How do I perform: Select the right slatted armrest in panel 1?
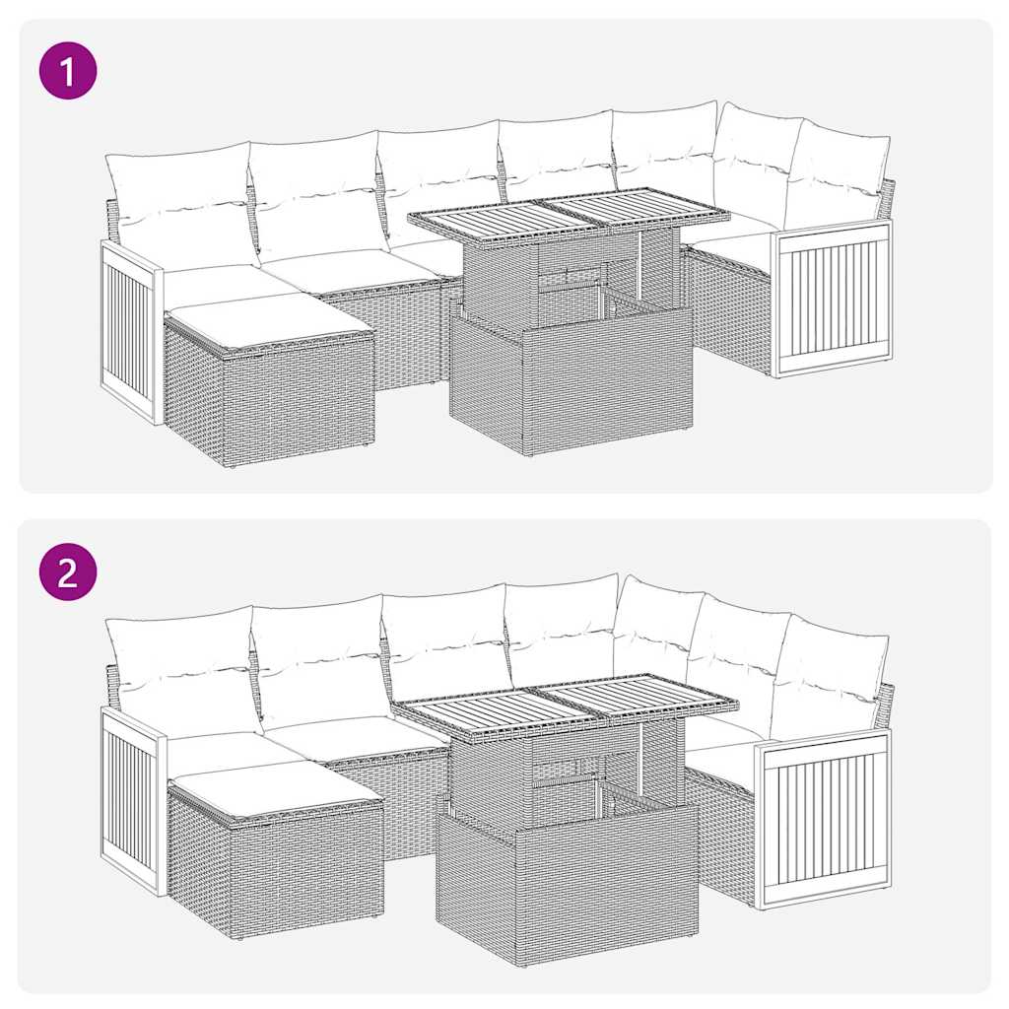[x=833, y=299]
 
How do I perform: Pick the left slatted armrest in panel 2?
[x=130, y=798]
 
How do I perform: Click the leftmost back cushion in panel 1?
[x=180, y=201]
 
